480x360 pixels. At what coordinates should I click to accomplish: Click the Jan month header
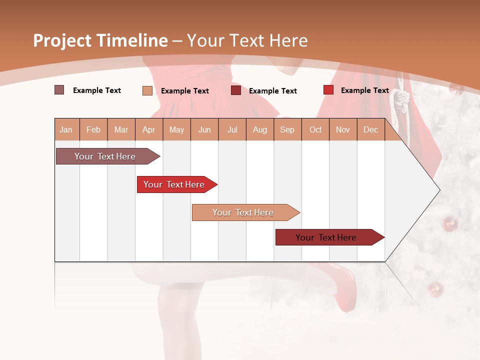pyautogui.click(x=66, y=129)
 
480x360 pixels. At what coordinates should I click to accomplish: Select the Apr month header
pyautogui.click(x=148, y=129)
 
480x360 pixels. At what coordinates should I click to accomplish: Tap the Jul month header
pyautogui.click(x=232, y=129)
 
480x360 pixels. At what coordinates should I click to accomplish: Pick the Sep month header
pyautogui.click(x=287, y=129)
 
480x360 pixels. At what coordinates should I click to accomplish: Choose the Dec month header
pyautogui.click(x=370, y=129)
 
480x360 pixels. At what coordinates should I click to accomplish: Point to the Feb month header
pyautogui.click(x=93, y=129)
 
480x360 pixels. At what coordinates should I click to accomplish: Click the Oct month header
pyautogui.click(x=315, y=129)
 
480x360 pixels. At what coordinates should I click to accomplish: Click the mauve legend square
pyautogui.click(x=59, y=90)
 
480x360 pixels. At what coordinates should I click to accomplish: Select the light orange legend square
pyautogui.click(x=147, y=90)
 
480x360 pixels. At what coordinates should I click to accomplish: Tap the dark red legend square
pyautogui.click(x=236, y=90)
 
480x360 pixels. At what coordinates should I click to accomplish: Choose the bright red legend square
pyautogui.click(x=328, y=90)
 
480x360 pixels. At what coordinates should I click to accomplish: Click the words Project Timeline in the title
pyautogui.click(x=100, y=40)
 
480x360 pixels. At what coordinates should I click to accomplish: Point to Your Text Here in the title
pyautogui.click(x=247, y=40)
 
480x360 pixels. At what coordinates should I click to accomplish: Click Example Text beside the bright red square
pyautogui.click(x=364, y=90)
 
